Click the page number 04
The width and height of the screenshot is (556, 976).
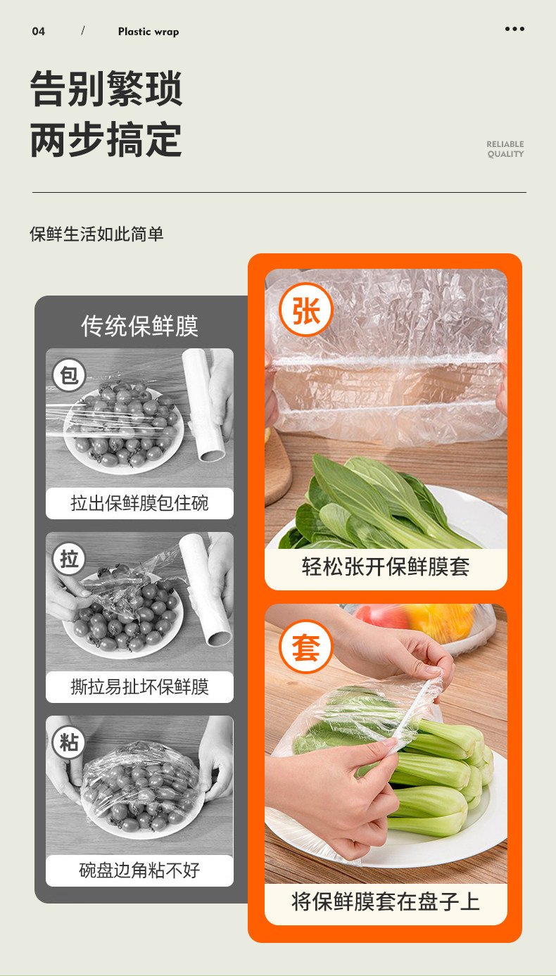coord(38,32)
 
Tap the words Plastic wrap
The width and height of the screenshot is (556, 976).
coord(149,32)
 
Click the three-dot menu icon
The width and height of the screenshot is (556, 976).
coord(514,29)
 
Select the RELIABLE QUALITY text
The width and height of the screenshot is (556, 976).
coord(505,149)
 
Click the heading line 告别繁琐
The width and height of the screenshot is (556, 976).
coord(106,89)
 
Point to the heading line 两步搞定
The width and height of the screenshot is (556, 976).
coord(106,139)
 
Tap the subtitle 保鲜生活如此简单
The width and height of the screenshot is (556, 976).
coord(96,234)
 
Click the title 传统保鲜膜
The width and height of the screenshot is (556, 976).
coord(140,326)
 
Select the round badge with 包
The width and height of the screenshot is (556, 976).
coord(69,375)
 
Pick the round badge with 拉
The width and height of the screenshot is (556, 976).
coord(69,559)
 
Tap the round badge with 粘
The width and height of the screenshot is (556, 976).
coord(69,742)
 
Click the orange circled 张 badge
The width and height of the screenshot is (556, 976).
coord(306,310)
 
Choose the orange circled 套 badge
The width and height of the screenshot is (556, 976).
coord(306,647)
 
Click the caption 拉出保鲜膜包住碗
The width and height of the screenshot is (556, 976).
coord(140,503)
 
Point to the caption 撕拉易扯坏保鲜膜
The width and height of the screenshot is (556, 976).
coord(140,687)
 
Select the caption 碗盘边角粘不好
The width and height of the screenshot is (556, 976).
coord(140,870)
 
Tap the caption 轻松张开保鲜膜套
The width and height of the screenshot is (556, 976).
coord(386,567)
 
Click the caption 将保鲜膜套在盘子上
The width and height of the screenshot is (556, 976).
coord(386,901)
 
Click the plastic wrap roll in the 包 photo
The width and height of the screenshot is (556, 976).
coord(203,405)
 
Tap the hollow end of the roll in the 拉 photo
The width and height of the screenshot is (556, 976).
coord(219,639)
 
